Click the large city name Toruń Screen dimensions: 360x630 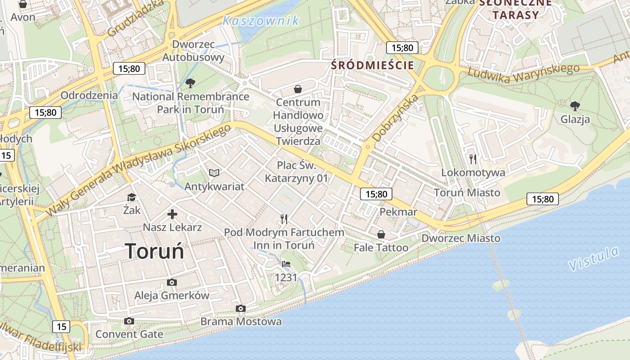point(154,251)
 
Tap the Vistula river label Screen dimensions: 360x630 point(594,259)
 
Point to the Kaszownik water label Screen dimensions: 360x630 point(261,21)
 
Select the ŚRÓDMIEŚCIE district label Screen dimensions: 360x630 point(372,65)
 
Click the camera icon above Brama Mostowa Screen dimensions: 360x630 point(241,308)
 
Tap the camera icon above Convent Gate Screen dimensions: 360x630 point(129,321)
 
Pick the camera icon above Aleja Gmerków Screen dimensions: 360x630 point(171,282)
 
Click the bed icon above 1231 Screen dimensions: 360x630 point(286,264)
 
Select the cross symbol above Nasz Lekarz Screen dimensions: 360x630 point(172,214)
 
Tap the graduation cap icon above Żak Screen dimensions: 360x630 point(131,197)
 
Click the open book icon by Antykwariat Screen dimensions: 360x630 point(214,173)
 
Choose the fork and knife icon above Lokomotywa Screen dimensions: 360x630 point(472,158)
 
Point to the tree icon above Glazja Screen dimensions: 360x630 point(575,106)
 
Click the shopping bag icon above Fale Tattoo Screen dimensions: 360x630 point(381,234)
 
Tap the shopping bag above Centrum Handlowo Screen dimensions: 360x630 point(297,89)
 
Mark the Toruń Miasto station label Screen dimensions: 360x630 point(467,193)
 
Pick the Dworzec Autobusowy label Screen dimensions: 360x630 point(193,51)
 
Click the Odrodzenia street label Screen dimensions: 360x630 point(89,95)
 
